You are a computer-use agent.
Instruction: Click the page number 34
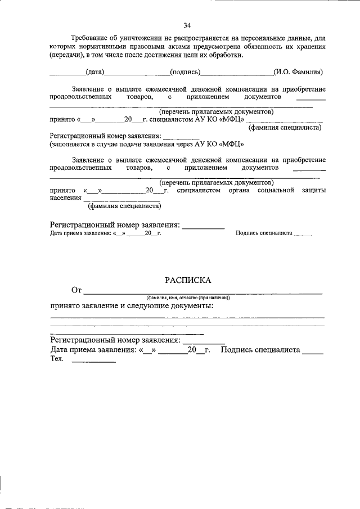pyautogui.click(x=187, y=25)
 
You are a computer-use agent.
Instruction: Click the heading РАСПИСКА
pyautogui.click(x=187, y=280)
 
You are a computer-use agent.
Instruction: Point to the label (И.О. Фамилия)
pyautogui.click(x=298, y=72)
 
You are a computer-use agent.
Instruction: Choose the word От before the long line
pyautogui.click(x=77, y=290)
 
